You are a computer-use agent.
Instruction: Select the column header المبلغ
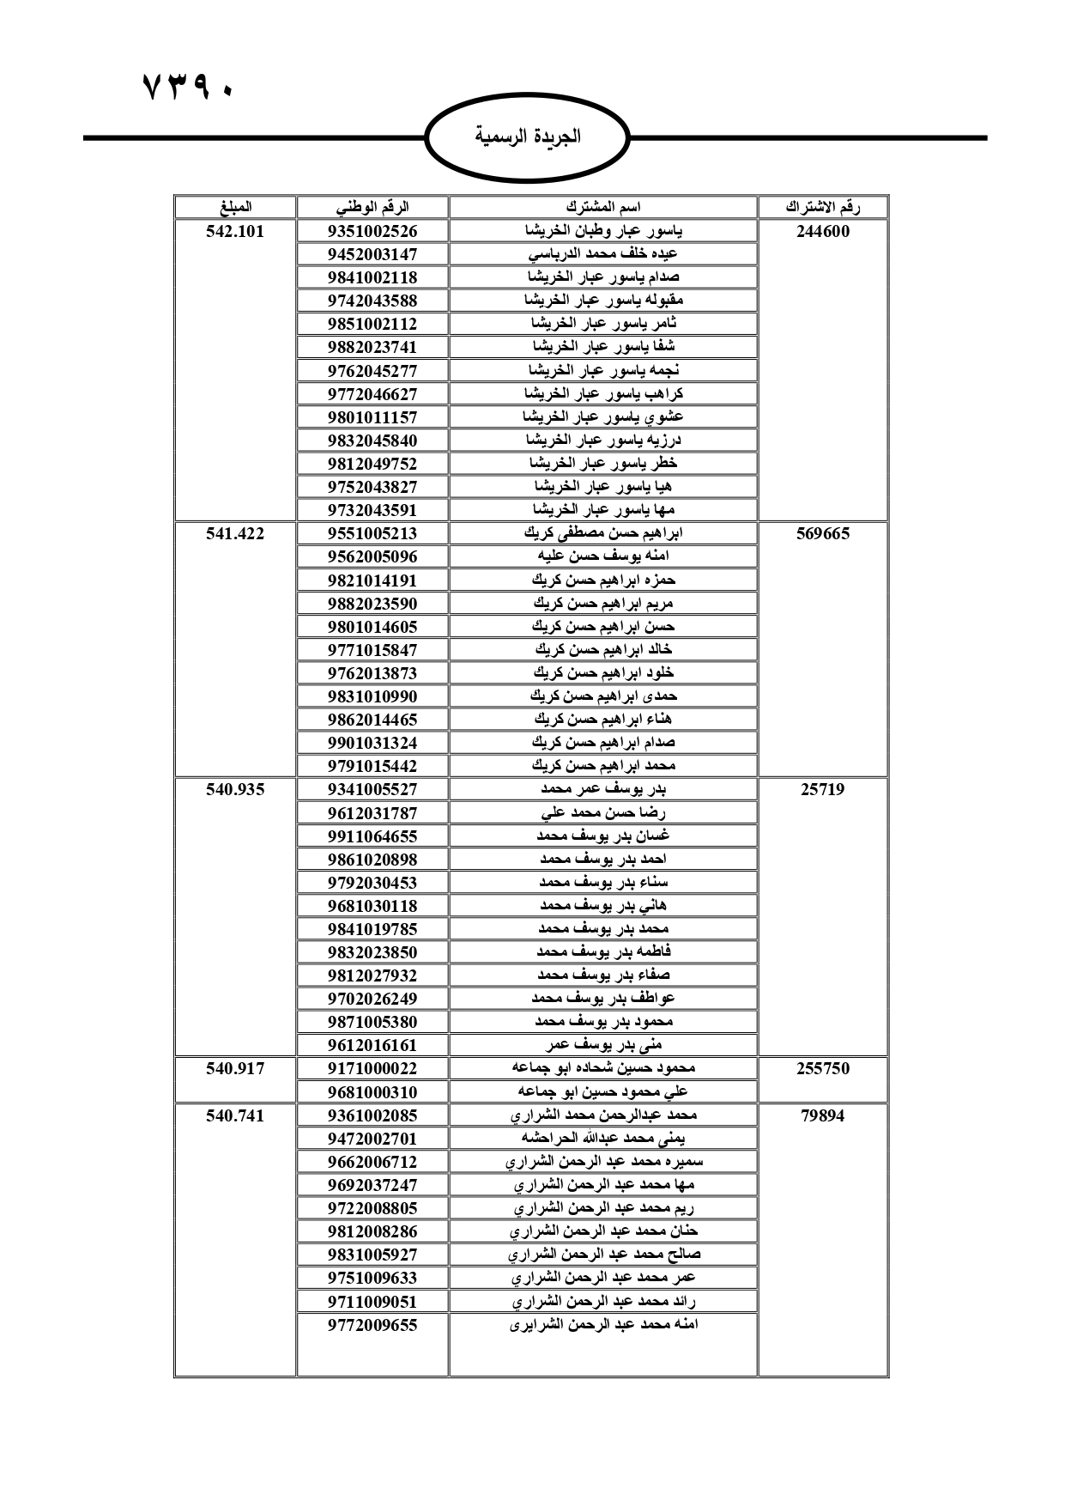pos(235,207)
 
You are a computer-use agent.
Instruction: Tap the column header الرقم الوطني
pos(372,207)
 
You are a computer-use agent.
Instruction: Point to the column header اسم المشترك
pos(603,207)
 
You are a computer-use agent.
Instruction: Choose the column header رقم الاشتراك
pos(823,207)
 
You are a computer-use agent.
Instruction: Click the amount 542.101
pos(235,231)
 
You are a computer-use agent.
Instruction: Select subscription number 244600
pos(823,231)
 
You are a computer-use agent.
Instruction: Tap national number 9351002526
pos(372,231)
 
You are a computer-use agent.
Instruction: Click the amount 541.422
pos(235,533)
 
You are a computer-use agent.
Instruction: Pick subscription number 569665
pos(823,533)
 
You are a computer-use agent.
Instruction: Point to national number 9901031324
pos(372,743)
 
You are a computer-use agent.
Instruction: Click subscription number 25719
pos(823,789)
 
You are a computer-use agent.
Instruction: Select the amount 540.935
pos(235,789)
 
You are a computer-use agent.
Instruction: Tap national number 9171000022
pos(372,1068)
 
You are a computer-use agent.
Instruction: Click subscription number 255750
pos(823,1068)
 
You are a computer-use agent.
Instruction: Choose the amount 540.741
pos(235,1115)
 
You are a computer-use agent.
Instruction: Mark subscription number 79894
pos(823,1115)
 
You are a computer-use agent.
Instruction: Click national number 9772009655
pos(372,1325)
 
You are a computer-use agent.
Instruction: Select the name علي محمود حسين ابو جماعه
pos(603,1092)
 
